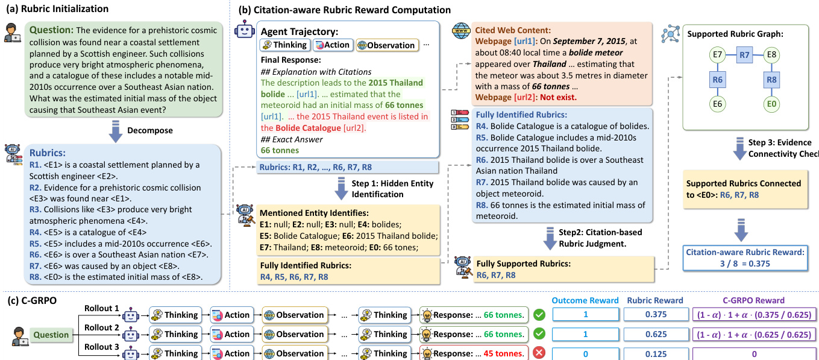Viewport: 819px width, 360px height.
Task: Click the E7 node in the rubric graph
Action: coord(717,55)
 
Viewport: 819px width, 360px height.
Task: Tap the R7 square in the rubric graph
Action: coord(744,55)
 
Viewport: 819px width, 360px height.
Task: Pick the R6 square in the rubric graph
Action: coord(717,79)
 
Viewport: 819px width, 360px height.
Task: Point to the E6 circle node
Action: coord(717,104)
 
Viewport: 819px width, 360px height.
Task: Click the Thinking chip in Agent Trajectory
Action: coord(284,45)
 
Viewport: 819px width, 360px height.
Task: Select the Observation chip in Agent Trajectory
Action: coord(386,45)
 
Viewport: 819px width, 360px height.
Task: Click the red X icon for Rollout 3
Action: coord(541,353)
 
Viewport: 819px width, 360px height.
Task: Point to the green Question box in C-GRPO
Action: coord(51,334)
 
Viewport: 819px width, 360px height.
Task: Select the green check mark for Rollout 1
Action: coord(541,315)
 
